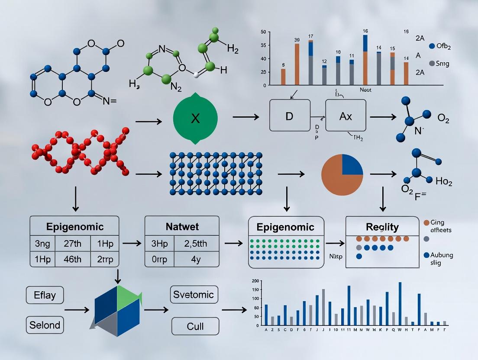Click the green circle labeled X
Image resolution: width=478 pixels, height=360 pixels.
point(195,118)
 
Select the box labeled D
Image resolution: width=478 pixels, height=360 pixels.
point(290,115)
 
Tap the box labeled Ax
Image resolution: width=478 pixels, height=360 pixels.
point(345,115)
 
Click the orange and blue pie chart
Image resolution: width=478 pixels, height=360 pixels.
point(342,175)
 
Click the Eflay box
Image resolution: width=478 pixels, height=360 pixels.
point(45,296)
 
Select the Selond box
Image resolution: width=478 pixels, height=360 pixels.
point(45,325)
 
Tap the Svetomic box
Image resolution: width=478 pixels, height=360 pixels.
point(194,295)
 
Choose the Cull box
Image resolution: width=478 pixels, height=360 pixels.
point(195,326)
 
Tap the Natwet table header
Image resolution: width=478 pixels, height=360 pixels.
point(182,226)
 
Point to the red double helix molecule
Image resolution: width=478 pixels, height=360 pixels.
point(81,151)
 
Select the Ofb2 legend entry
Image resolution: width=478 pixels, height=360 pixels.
point(442,46)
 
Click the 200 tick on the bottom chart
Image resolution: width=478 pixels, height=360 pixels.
point(255,281)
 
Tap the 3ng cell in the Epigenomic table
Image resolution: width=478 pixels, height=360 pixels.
point(42,244)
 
